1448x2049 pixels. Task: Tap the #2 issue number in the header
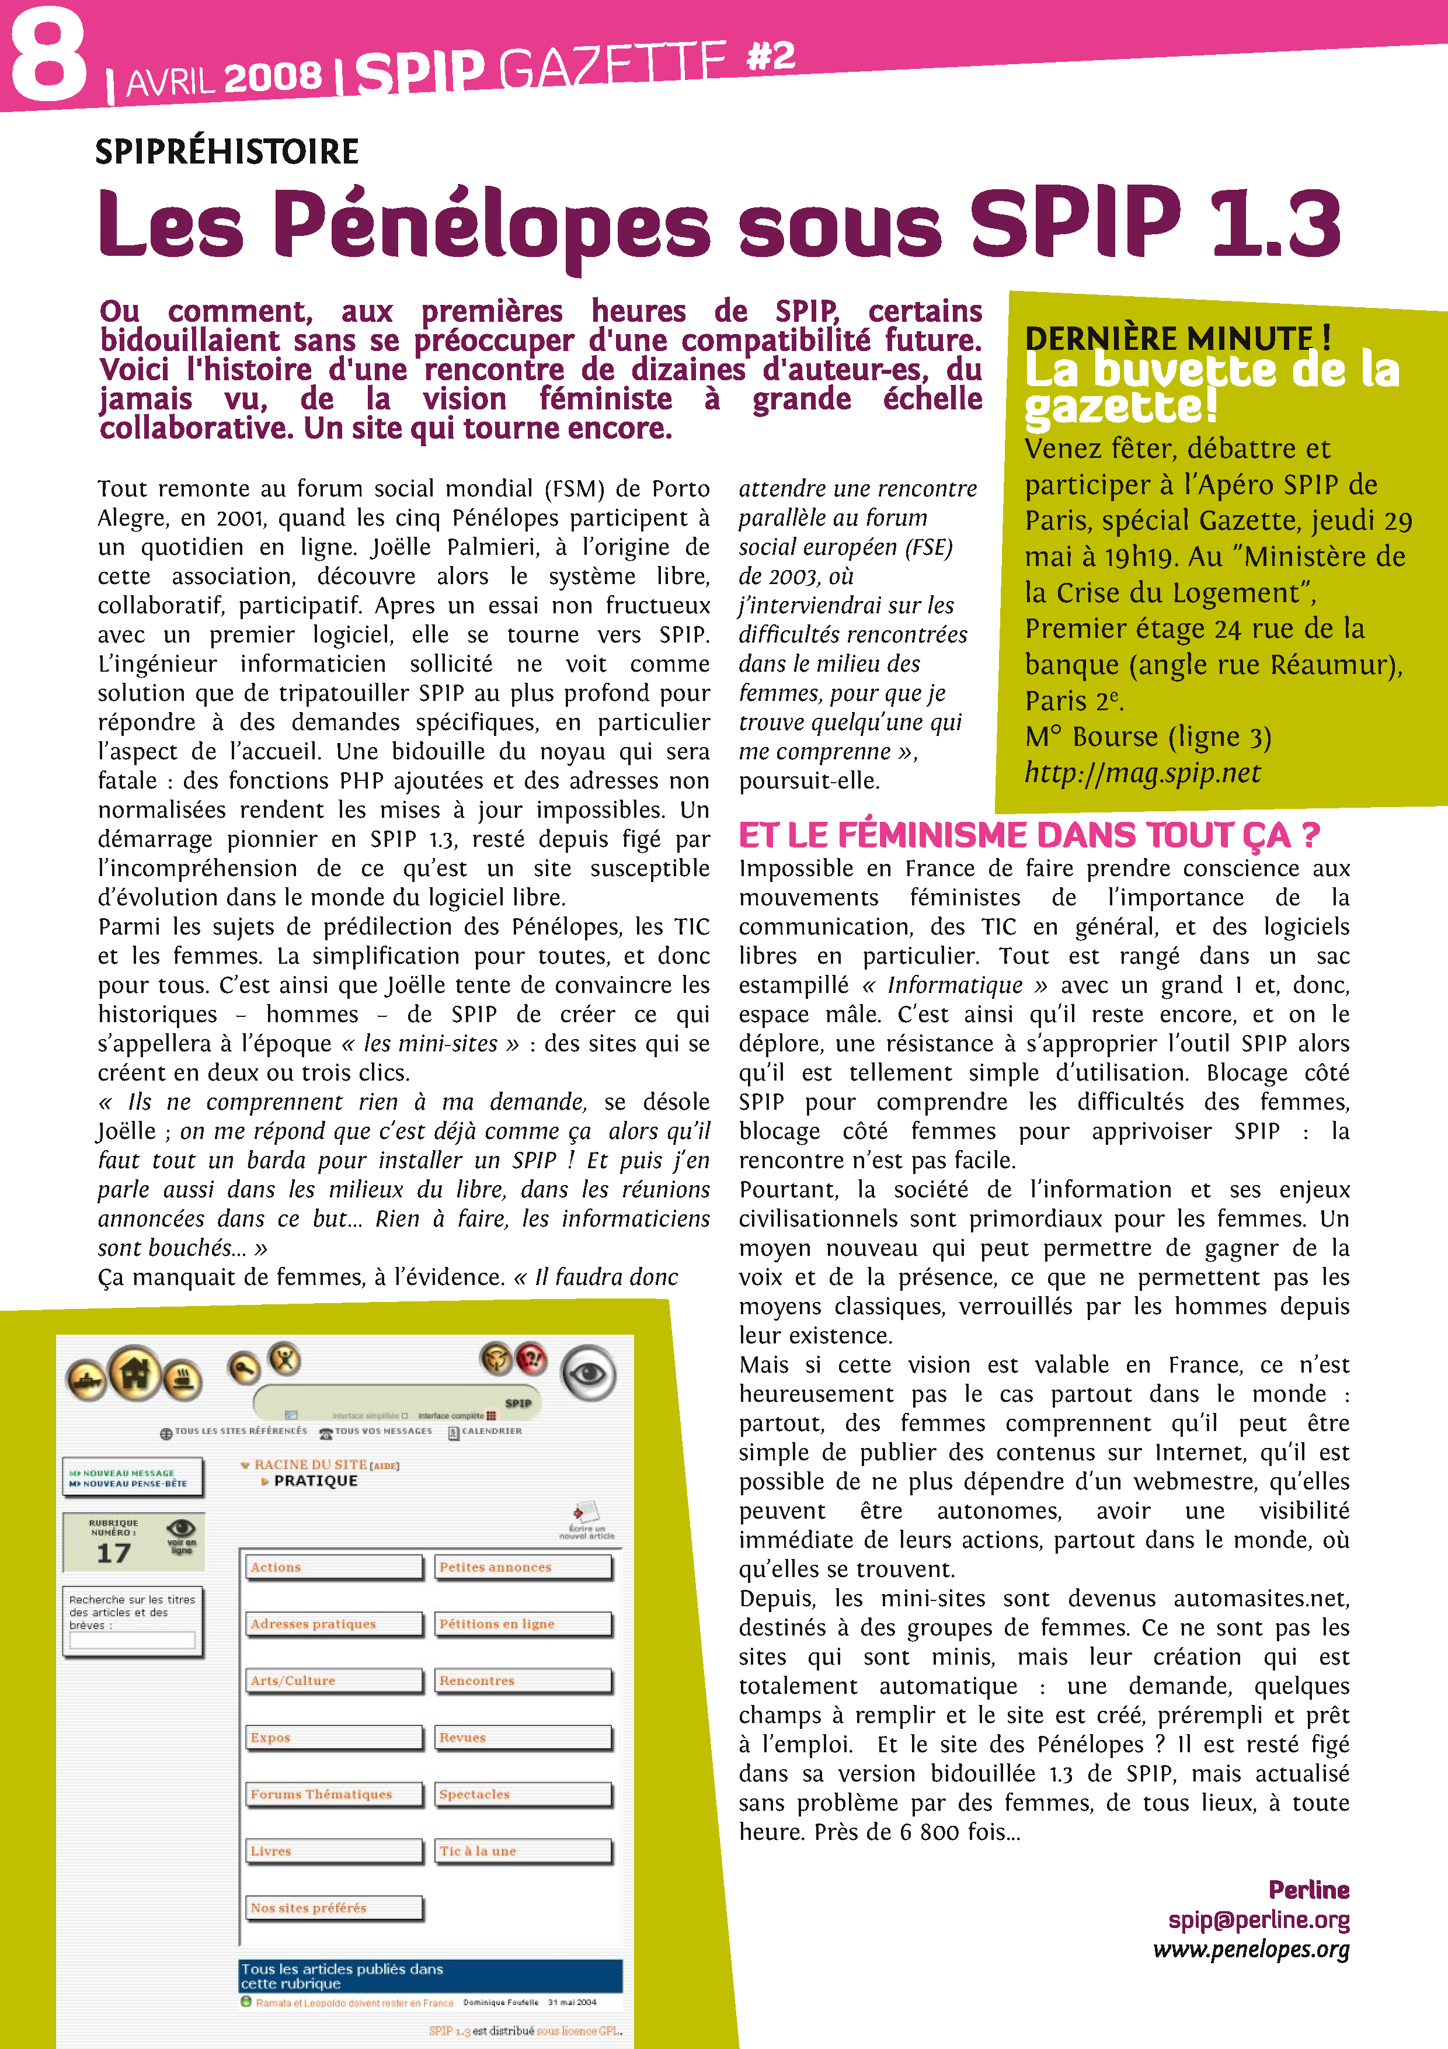[x=770, y=56]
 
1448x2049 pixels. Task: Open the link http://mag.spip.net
[x=1142, y=773]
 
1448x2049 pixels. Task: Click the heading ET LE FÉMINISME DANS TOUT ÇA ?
[x=1028, y=835]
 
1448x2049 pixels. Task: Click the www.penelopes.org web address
[x=1251, y=1949]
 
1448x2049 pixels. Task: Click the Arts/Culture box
[x=333, y=1680]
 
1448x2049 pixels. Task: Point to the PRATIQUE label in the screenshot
[x=315, y=1481]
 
